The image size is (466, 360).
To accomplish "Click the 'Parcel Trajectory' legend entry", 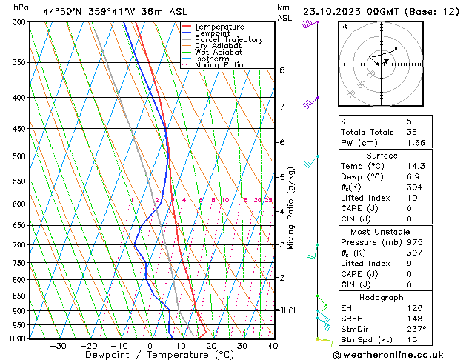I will point(227,39).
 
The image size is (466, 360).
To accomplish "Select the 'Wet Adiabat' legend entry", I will point(218,53).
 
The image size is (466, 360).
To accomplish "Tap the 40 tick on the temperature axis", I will point(273,346).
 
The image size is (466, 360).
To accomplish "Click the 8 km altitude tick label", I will point(282,70).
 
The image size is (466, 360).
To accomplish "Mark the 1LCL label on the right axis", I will point(287,310).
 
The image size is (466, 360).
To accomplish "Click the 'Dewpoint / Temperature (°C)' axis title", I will point(148,356).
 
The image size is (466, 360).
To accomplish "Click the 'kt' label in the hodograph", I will point(344,27).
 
